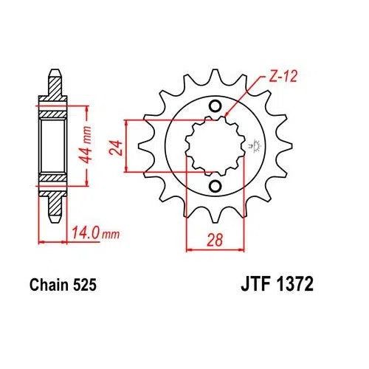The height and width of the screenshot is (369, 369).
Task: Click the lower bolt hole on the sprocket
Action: coord(215,184)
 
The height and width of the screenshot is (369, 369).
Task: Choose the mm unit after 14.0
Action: coord(110,236)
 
